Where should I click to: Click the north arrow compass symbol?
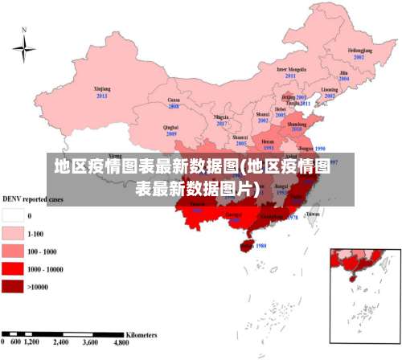tap(24, 47)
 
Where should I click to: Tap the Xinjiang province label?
tap(102, 90)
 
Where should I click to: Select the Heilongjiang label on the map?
tap(359, 51)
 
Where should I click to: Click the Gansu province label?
tap(174, 100)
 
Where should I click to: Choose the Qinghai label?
tap(170, 127)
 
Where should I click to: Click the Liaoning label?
tap(330, 89)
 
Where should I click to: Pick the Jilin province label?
tap(344, 72)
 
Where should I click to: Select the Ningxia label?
tap(222, 117)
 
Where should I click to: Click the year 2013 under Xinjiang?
tap(102, 96)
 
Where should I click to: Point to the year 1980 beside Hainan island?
tap(260, 246)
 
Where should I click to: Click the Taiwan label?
tap(314, 214)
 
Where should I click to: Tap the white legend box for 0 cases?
tap(13, 215)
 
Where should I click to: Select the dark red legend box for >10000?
tap(13, 286)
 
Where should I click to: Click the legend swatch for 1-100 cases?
tap(13, 233)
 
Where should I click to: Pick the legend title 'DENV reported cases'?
tap(32, 198)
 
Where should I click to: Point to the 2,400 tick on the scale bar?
tap(62, 342)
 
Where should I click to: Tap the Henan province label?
tap(269, 142)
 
